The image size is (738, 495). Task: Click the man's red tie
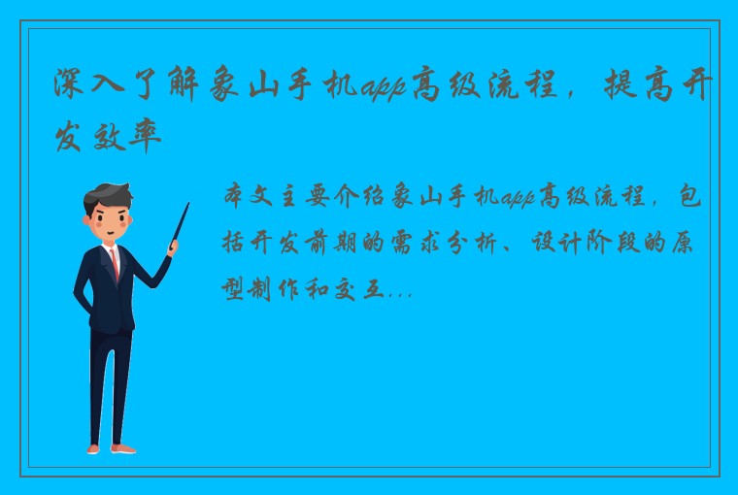(x=115, y=261)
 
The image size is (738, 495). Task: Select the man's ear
(x=91, y=219)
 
